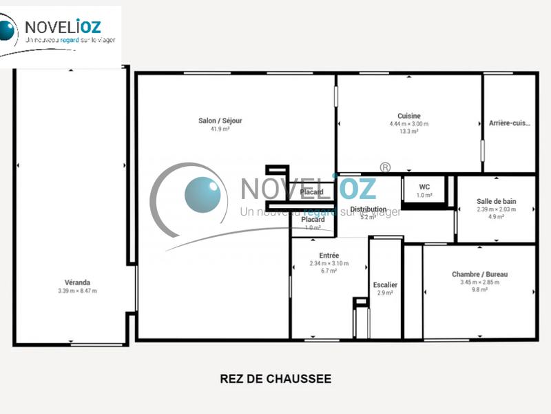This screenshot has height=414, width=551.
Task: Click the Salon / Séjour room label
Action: click(x=220, y=121)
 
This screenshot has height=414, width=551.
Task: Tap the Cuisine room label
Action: click(x=409, y=116)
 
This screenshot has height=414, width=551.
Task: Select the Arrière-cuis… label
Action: click(x=510, y=123)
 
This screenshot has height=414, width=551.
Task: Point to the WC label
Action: click(x=424, y=187)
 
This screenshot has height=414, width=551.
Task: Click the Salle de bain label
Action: click(x=496, y=201)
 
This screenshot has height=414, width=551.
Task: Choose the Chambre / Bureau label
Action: click(x=484, y=273)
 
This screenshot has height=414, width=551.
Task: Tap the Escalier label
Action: click(x=385, y=284)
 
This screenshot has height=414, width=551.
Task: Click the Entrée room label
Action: click(x=329, y=256)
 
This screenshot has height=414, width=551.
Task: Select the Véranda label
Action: click(x=77, y=282)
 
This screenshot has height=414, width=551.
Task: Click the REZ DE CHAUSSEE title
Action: click(x=275, y=379)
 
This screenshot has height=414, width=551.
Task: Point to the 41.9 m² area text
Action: click(x=220, y=129)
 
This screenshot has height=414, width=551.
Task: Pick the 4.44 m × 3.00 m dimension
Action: click(x=409, y=124)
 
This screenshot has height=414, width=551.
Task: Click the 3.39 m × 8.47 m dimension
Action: click(x=77, y=291)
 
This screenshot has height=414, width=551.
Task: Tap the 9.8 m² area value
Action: click(x=484, y=289)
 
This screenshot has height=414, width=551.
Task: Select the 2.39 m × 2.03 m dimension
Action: click(x=496, y=209)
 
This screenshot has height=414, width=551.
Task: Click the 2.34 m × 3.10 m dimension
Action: click(x=329, y=263)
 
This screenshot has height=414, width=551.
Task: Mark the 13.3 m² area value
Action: click(x=409, y=131)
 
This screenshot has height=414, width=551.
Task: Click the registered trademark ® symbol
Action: click(x=385, y=167)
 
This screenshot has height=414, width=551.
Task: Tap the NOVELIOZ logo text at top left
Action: click(x=63, y=27)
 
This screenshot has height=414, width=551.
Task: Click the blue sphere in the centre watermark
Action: click(x=202, y=195)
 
